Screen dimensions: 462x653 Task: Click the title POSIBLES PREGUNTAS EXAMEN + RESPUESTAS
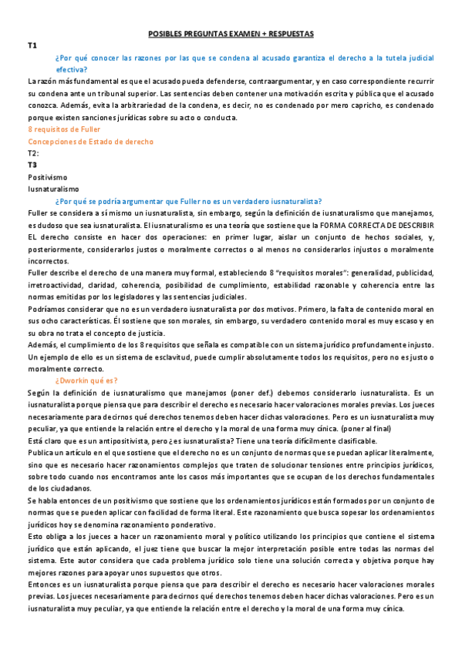tap(231, 34)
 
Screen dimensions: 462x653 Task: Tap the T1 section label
tap(32, 46)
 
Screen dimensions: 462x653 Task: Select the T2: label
tap(33, 153)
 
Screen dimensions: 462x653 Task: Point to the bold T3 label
tap(32, 165)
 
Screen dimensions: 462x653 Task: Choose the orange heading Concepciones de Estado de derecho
tap(90, 142)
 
